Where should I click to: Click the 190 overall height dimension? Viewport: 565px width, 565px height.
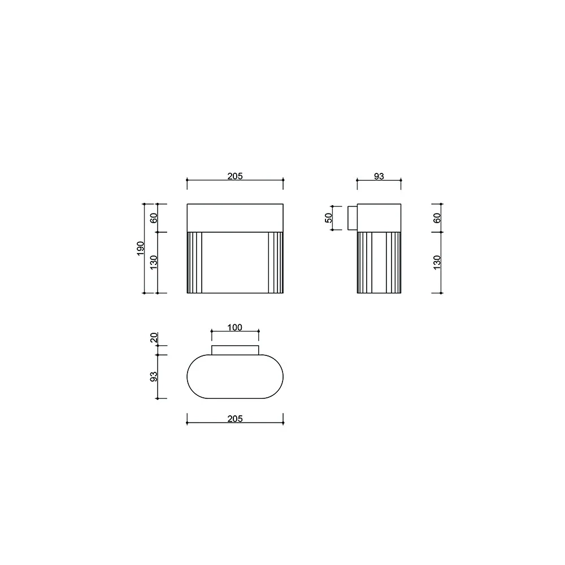point(141,248)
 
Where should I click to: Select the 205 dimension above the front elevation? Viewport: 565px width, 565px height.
point(235,176)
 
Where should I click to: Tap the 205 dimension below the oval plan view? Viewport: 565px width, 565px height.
point(235,419)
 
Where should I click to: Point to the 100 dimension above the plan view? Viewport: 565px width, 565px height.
point(235,328)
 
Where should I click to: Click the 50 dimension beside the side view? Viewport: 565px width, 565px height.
point(328,218)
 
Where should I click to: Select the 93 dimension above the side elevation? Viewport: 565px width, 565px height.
point(379,176)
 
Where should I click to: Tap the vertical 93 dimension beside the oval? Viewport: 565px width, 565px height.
point(153,376)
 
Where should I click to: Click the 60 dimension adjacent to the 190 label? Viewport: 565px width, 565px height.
point(153,218)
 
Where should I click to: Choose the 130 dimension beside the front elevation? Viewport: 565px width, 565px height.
point(153,262)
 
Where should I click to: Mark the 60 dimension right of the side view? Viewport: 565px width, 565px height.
point(437,218)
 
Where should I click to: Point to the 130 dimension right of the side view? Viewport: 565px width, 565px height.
point(437,262)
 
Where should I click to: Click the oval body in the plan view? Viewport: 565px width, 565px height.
point(235,376)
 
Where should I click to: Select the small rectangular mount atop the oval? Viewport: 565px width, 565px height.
point(235,350)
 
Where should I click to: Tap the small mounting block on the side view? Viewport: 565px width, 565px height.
point(352,218)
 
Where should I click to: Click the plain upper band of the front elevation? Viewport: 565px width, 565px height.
point(235,218)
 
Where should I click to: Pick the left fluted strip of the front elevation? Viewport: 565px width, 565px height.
point(194,262)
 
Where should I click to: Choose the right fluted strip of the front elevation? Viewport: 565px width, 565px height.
point(276,262)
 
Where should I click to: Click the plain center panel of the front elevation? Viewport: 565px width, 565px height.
point(235,262)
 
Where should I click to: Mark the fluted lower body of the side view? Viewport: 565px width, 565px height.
point(379,262)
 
